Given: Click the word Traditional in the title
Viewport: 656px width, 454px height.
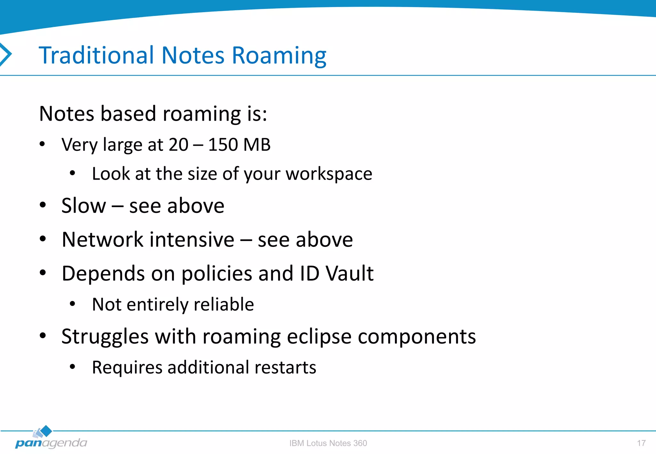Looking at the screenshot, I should [96, 55].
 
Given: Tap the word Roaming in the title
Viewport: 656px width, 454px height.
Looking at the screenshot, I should [279, 56].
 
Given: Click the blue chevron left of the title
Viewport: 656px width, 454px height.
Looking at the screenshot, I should [6, 54].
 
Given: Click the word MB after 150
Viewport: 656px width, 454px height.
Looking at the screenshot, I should [257, 145].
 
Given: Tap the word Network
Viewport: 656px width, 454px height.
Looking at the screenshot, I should [103, 239].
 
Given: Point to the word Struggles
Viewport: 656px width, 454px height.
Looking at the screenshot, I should [105, 337].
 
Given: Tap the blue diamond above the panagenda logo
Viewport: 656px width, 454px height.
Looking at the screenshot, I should [46, 431].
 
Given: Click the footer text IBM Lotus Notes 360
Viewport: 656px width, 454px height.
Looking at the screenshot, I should [328, 443].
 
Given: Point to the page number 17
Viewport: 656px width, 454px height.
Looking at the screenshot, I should [641, 443].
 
